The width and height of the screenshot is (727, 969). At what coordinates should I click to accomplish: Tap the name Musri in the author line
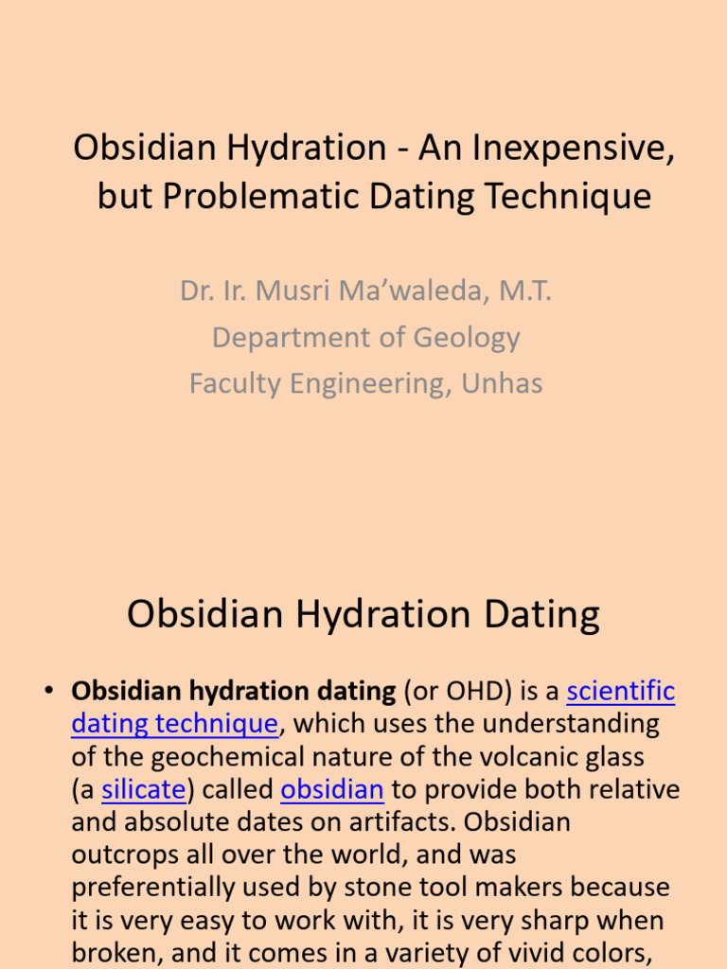tap(306, 291)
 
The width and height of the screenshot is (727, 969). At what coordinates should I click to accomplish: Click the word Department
tap(290, 337)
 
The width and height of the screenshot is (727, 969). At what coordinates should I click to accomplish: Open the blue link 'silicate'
tap(144, 789)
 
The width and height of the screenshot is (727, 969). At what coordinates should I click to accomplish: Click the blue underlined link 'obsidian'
tap(331, 789)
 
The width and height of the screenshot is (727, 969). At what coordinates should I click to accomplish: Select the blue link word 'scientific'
tap(620, 692)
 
